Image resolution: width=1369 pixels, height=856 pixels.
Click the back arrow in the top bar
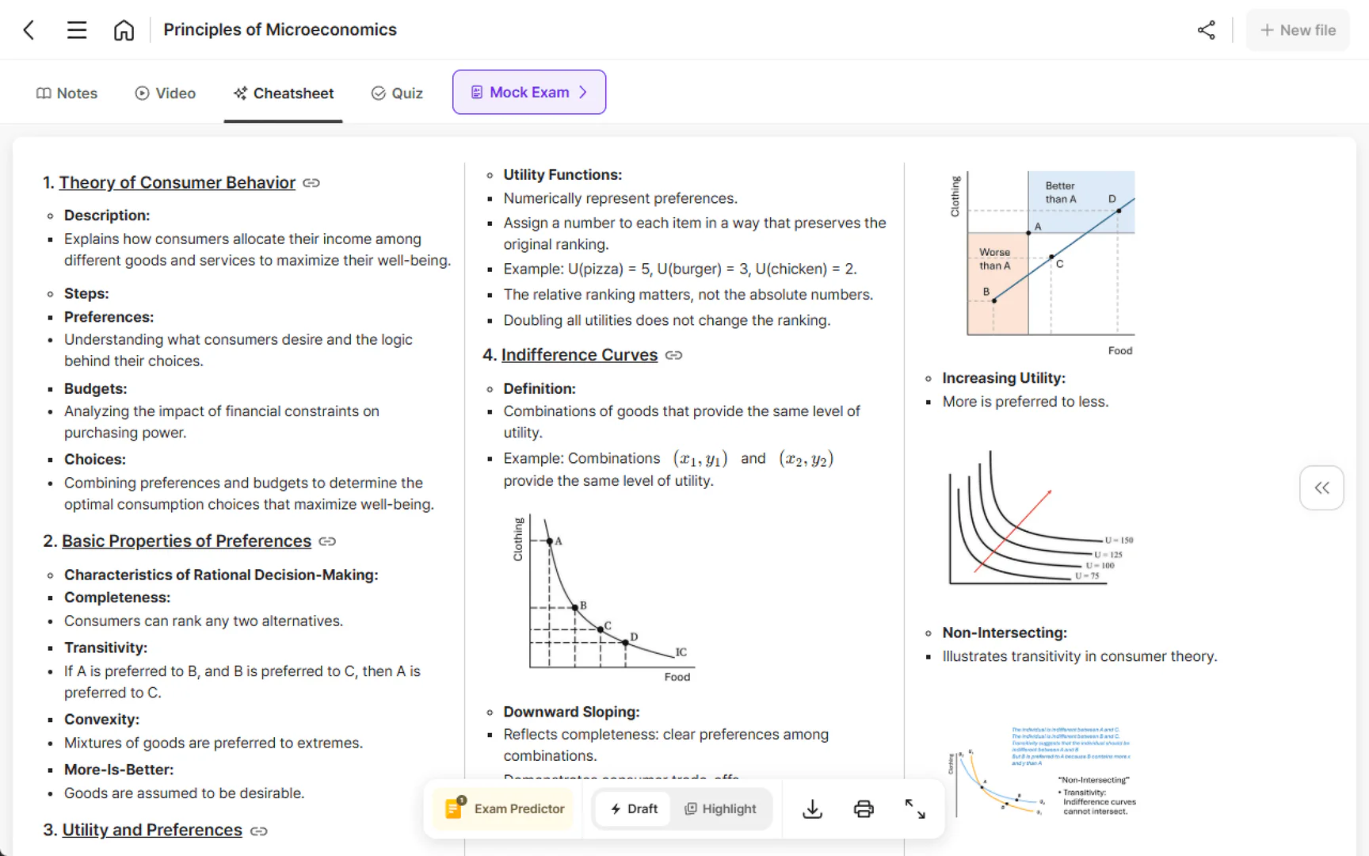tap(29, 30)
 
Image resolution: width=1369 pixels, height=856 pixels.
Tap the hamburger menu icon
tap(77, 30)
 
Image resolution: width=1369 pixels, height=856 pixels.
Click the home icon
tap(124, 30)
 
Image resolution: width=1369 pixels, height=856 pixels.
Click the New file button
tap(1297, 30)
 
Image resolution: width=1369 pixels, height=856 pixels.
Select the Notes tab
tap(67, 94)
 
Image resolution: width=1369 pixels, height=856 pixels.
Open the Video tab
tap(166, 94)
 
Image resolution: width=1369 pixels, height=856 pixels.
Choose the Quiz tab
tap(397, 94)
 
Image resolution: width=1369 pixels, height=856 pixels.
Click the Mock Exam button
tap(528, 92)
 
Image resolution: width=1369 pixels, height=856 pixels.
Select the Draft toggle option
tap(634, 808)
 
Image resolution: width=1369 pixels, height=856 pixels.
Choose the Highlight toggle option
tap(720, 808)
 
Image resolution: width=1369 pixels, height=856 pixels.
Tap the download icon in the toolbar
tap(812, 808)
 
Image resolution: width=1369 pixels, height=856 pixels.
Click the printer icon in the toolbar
tap(864, 808)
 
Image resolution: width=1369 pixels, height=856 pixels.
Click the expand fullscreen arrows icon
tap(915, 808)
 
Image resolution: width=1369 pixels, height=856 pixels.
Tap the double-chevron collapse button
tap(1321, 487)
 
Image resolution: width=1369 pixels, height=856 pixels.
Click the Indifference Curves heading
tap(579, 355)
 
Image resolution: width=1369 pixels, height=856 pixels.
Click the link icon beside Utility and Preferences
tap(259, 831)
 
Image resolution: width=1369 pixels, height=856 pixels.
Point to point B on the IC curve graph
tap(576, 608)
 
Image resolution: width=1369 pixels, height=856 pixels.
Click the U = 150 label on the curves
tap(1119, 540)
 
